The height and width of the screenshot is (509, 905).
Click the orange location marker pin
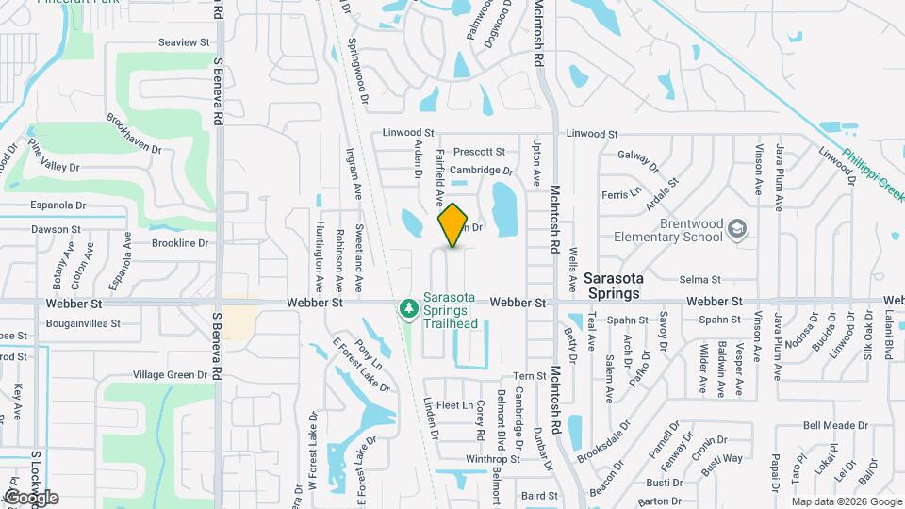[x=453, y=225]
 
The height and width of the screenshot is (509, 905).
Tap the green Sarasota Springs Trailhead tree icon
[x=407, y=308]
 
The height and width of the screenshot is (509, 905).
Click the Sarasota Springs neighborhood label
[x=625, y=286]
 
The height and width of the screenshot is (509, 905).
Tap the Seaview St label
[x=184, y=42]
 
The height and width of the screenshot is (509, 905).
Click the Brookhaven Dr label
[x=140, y=136]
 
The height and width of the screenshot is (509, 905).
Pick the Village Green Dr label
[x=170, y=374]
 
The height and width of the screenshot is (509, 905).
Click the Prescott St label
[x=479, y=152]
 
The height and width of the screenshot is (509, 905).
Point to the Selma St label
[x=700, y=280]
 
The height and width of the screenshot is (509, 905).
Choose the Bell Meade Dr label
[x=809, y=426]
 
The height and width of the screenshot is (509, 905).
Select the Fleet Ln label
[x=454, y=405]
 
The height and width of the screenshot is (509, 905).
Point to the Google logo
[x=31, y=497]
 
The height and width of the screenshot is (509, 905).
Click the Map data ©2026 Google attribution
[x=846, y=501]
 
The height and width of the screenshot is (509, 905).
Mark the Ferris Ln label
[x=621, y=195]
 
